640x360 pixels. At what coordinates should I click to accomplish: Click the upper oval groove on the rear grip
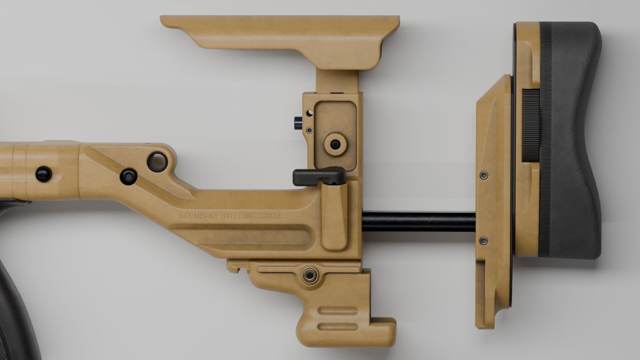338,314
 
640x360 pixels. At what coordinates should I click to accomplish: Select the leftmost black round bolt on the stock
44,174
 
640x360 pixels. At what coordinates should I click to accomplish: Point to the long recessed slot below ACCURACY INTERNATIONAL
247,235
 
